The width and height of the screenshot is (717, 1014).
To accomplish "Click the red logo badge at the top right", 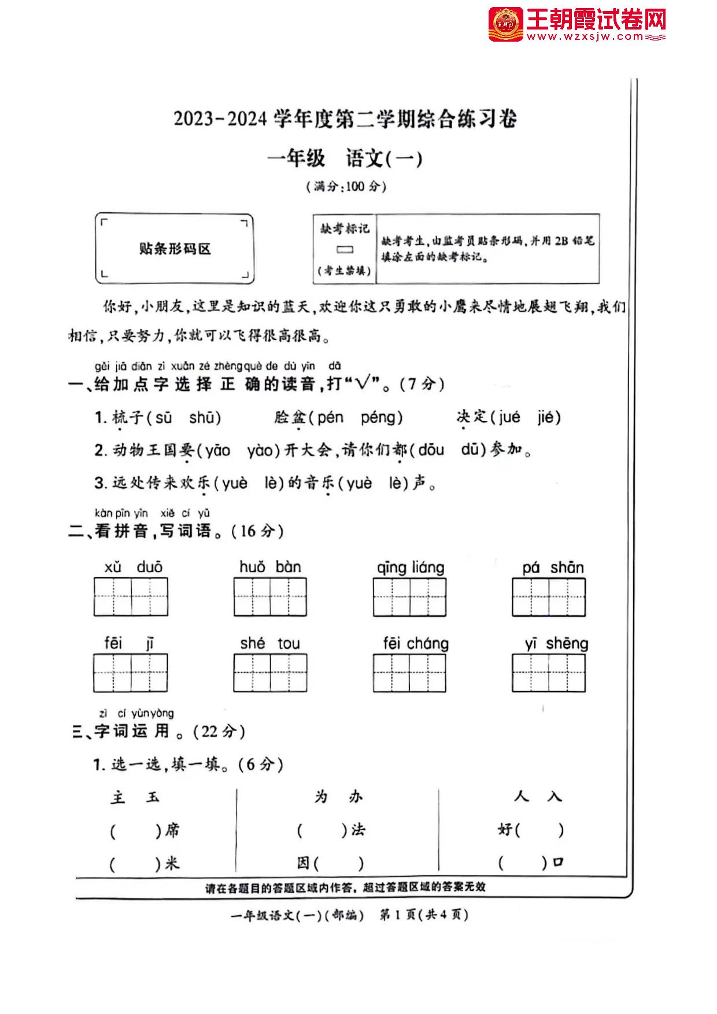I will (505, 24).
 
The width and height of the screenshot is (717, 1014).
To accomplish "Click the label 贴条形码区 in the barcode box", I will (175, 249).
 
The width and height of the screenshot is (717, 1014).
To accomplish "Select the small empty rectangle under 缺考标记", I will (345, 250).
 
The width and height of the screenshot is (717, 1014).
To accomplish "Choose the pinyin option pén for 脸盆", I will (330, 418).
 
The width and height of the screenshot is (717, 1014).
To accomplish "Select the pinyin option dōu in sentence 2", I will (431, 450).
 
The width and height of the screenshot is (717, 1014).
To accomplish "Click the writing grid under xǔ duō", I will (131, 597).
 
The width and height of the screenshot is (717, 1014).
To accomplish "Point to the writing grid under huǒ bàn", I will (270, 597).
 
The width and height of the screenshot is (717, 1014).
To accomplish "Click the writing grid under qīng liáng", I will (409, 597).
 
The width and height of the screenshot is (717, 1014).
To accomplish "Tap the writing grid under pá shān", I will (548, 597).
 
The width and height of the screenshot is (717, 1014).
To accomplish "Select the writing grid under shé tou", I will (270, 673).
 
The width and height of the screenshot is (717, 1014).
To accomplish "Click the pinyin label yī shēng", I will (556, 644).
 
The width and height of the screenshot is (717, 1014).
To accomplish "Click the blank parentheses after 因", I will (339, 864).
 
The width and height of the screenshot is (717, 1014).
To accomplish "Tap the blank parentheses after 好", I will (538, 831).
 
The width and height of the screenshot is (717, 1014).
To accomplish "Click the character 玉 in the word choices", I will (153, 798).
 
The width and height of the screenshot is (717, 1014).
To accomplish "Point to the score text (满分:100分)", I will (346, 187).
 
